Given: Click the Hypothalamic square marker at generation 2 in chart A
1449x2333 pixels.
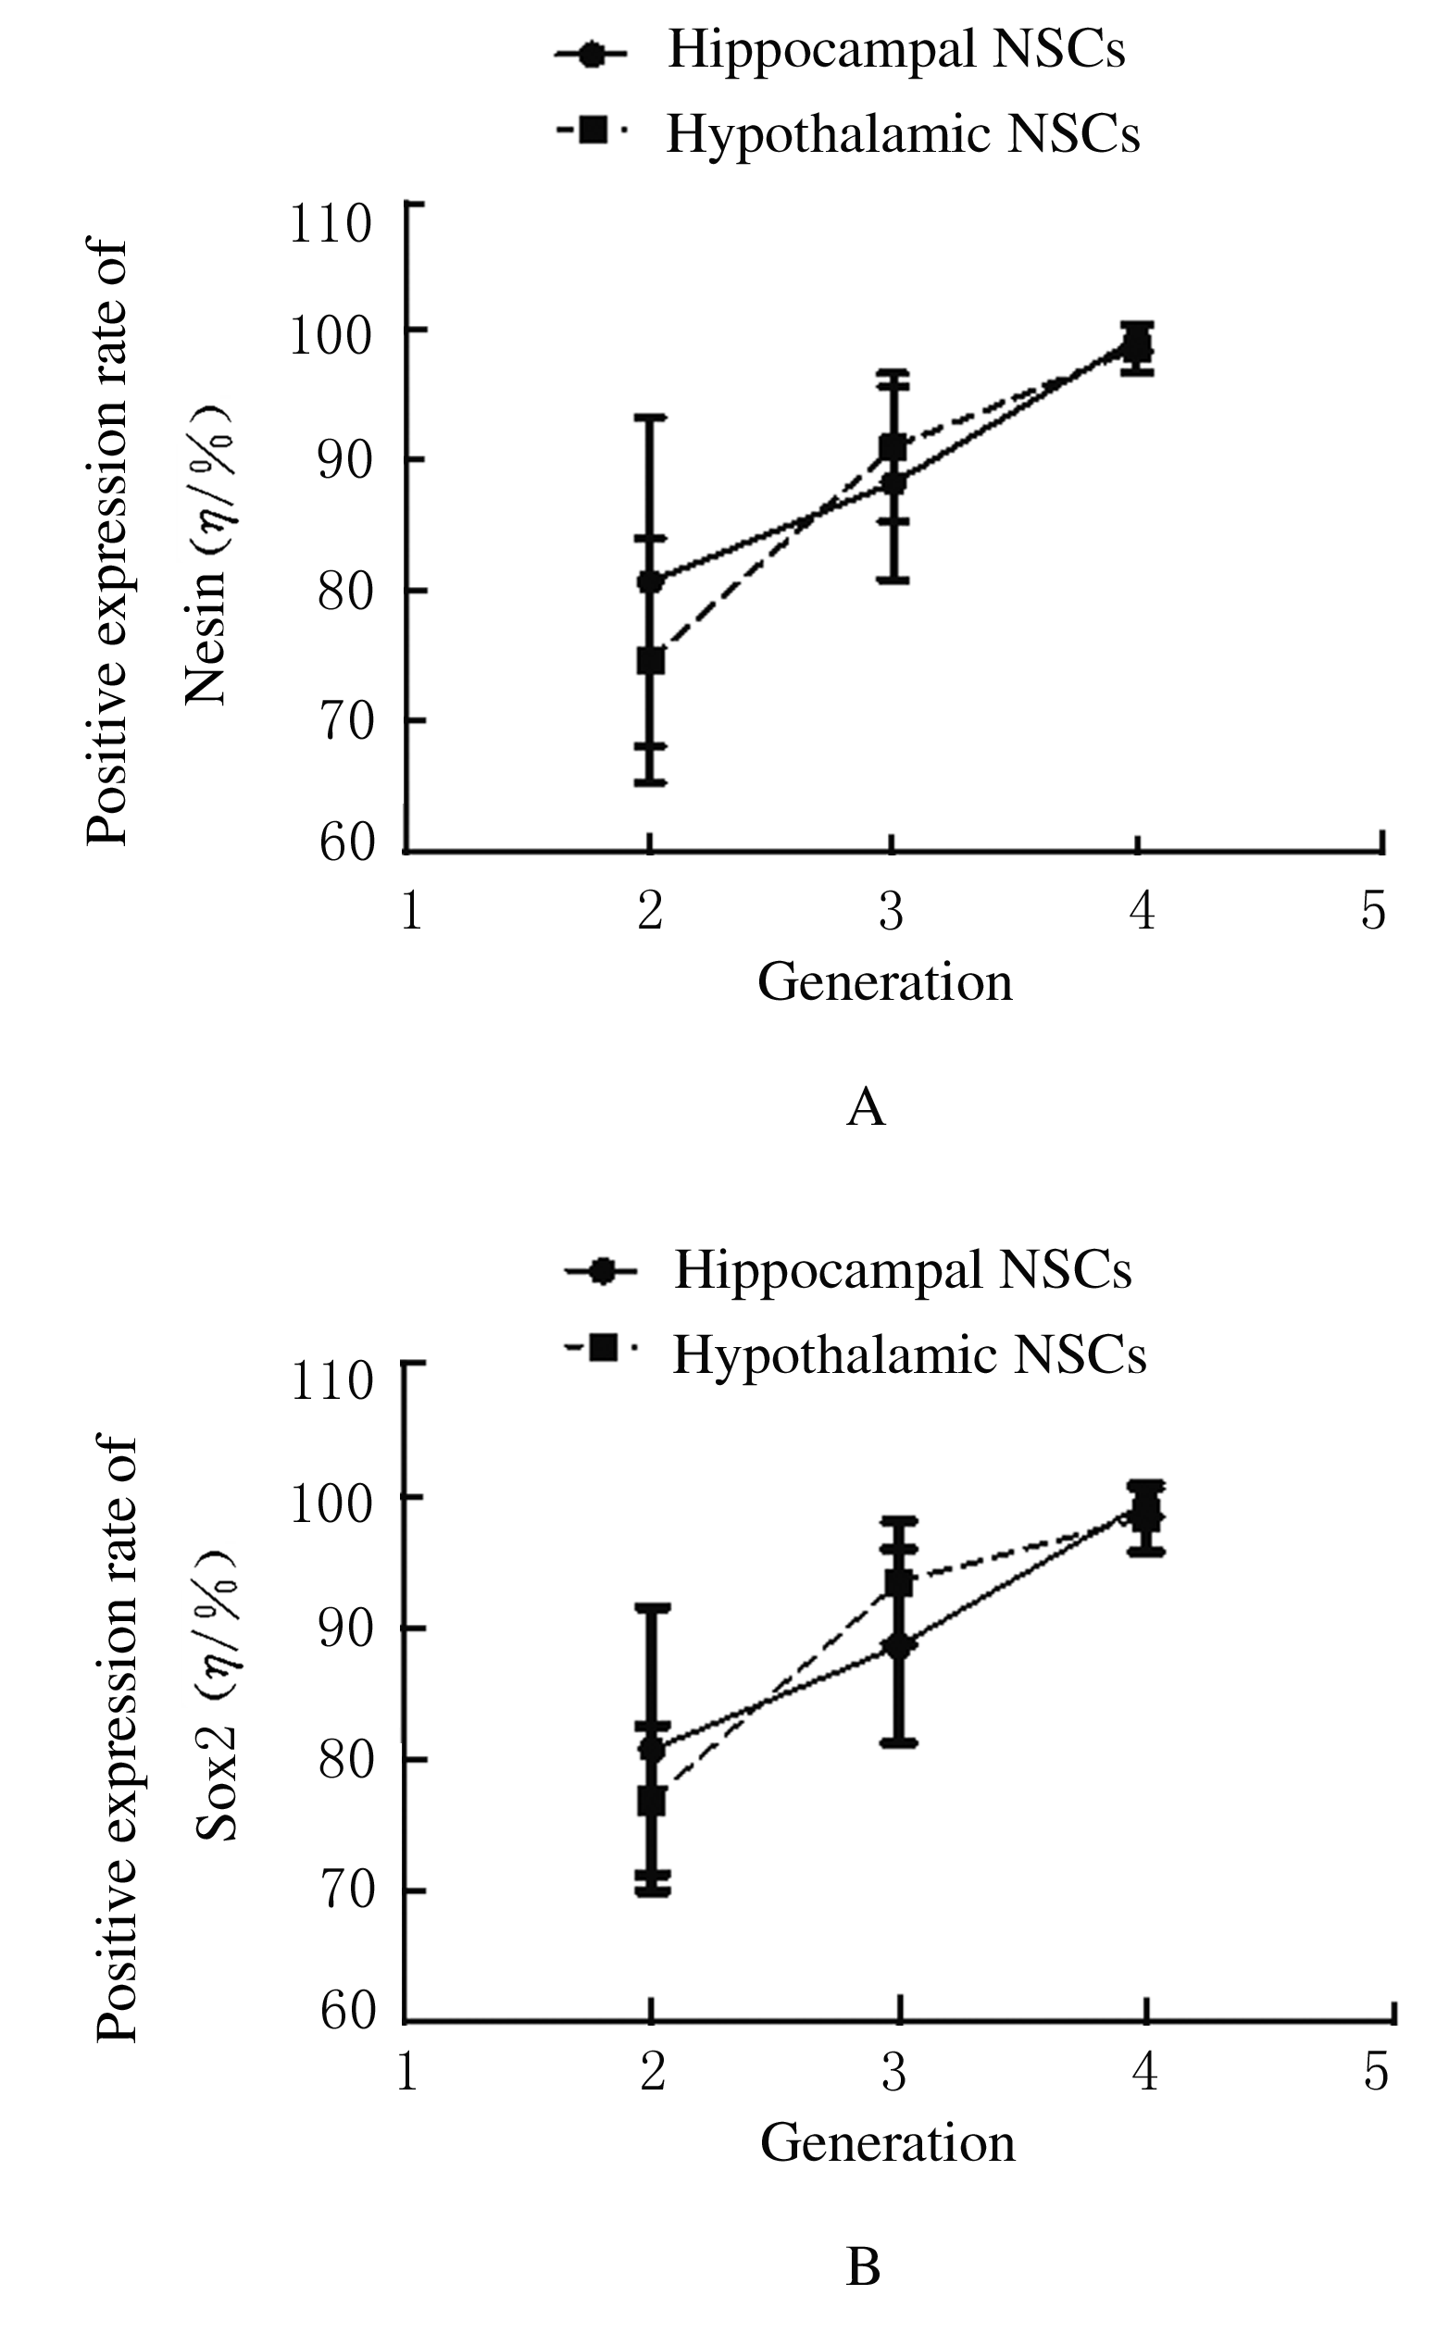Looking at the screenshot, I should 651,660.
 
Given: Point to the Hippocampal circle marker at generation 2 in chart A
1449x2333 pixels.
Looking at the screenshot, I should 651,580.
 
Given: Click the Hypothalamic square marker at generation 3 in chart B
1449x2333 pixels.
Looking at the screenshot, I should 898,1584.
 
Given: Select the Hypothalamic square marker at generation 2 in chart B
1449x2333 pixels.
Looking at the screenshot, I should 652,1802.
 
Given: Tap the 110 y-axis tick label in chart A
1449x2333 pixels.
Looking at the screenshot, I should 331,224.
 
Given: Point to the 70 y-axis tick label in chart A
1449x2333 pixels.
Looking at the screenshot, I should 345,721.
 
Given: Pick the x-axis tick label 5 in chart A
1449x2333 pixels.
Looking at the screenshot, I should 1373,910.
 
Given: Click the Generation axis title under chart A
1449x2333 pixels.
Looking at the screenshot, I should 884,983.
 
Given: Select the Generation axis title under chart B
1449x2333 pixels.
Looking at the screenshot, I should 887,2144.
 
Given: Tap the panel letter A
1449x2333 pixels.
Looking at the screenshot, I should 867,1108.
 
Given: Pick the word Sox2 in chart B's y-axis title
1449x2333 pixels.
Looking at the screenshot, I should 217,1786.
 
